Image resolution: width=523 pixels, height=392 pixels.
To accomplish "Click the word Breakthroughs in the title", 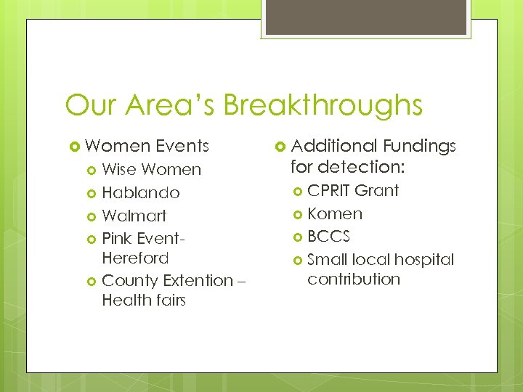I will click(323, 105).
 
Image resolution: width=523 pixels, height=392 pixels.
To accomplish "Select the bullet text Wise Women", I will click(151, 170).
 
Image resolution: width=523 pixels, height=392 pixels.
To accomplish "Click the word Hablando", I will click(141, 193).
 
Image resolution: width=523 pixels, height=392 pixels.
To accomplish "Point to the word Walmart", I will click(134, 216).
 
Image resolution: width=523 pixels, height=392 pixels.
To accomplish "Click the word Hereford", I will click(135, 258).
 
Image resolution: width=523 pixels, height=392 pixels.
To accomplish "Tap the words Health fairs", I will click(144, 300).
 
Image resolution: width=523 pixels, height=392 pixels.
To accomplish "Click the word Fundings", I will click(419, 146).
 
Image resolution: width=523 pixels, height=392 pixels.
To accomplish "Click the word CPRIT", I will click(329, 190).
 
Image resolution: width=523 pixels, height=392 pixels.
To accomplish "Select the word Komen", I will click(334, 213).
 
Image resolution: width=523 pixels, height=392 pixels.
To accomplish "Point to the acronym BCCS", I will click(328, 237).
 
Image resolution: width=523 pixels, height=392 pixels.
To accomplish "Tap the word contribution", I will click(354, 279).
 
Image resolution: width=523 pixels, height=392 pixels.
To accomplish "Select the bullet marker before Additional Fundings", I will click(280, 147).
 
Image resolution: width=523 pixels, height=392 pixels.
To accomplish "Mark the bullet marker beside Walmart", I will click(92, 216).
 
